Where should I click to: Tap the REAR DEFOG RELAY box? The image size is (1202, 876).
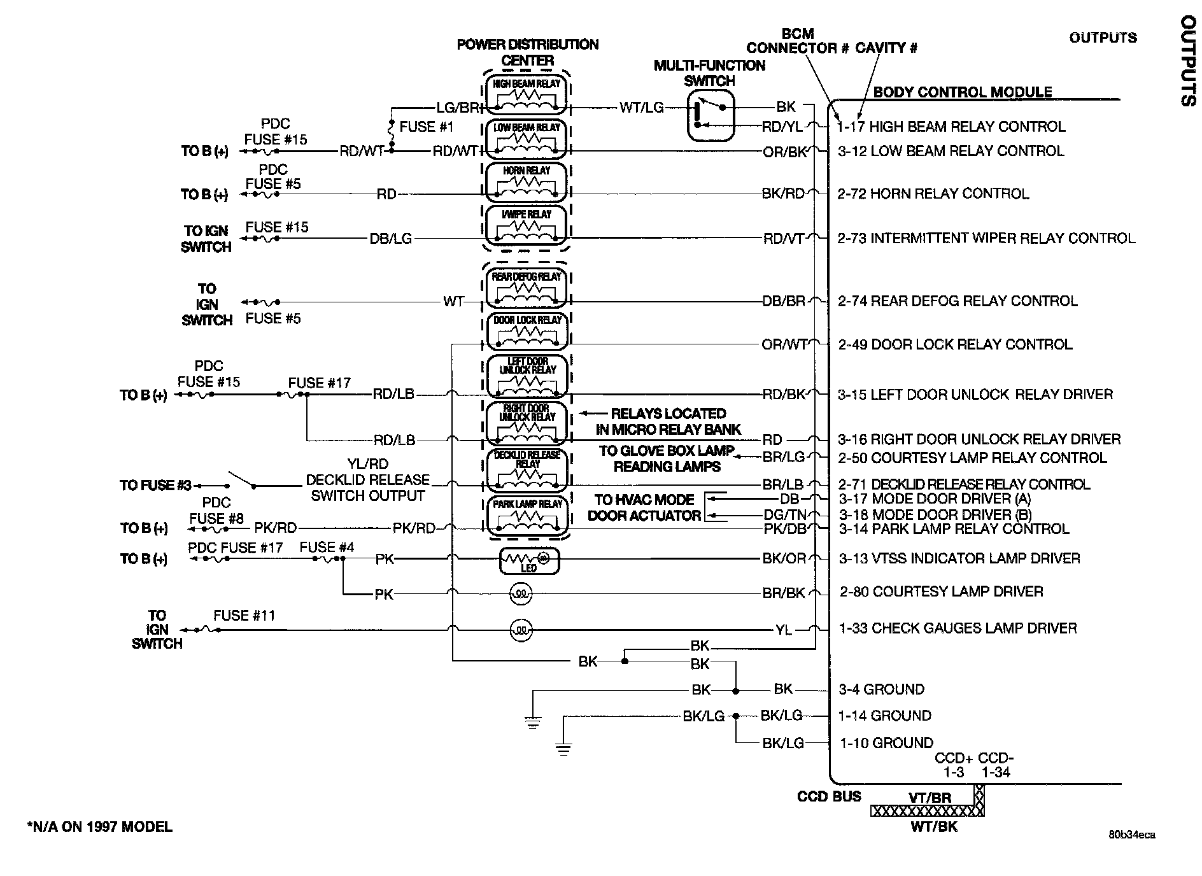coord(527,288)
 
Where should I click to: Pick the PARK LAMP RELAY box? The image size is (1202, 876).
coord(527,515)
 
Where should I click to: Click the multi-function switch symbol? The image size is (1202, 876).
coord(711,115)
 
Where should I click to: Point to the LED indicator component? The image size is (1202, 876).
coord(529,560)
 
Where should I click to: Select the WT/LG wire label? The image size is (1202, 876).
coord(641,108)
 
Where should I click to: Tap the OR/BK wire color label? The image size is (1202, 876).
coord(784,152)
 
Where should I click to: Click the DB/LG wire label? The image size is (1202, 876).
coord(391,239)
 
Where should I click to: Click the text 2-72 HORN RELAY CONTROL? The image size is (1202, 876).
coord(933,194)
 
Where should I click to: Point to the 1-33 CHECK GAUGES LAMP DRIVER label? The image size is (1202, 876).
coord(958,628)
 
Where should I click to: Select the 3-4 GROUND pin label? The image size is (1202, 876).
coord(881,689)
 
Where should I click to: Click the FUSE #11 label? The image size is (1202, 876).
coord(244,616)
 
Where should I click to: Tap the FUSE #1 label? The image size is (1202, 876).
coord(426,127)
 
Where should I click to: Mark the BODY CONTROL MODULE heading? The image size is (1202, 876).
coord(962,92)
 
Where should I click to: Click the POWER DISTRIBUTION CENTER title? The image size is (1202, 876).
coord(528,52)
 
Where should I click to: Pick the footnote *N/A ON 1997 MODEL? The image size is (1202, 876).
coord(99,827)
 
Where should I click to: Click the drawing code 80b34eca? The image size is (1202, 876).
coord(1131,835)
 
